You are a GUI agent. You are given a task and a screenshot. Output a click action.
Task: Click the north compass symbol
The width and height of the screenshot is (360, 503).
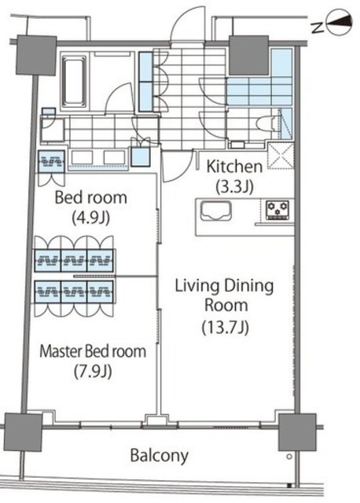click(339, 24)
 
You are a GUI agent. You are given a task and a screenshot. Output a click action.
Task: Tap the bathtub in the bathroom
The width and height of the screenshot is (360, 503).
click(75, 82)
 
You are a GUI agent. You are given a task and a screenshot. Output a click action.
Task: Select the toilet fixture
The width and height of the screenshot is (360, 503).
click(268, 123)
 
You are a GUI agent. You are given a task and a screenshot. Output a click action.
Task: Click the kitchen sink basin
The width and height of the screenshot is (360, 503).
click(216, 211)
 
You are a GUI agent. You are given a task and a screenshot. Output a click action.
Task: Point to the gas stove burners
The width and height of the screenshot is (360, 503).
click(278, 210)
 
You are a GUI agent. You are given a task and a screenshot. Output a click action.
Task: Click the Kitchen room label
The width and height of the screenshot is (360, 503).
click(234, 167)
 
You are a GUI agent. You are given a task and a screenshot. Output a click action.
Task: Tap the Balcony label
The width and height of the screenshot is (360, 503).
click(159, 456)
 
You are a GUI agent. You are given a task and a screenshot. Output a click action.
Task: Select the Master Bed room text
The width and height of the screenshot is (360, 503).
click(93, 351)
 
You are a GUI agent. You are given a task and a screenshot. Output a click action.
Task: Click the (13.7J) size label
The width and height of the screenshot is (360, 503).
click(226, 328)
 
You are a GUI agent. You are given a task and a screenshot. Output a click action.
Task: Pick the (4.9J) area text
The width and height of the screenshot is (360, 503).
click(91, 218)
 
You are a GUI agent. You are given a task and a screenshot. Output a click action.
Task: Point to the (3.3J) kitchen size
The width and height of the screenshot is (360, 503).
click(234, 187)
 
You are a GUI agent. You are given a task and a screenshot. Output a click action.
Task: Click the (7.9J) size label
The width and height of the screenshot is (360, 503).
click(93, 372)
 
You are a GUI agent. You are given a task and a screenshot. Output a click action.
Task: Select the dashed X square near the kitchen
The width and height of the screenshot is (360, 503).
click(281, 156)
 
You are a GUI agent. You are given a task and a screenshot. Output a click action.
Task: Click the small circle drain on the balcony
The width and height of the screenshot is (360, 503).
click(289, 457)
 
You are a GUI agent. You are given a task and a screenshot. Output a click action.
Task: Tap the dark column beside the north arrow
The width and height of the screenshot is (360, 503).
click(249, 55)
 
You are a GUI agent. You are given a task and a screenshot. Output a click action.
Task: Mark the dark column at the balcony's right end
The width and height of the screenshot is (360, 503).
click(297, 432)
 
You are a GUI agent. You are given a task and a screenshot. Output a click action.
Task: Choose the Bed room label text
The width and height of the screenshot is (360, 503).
click(91, 197)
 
